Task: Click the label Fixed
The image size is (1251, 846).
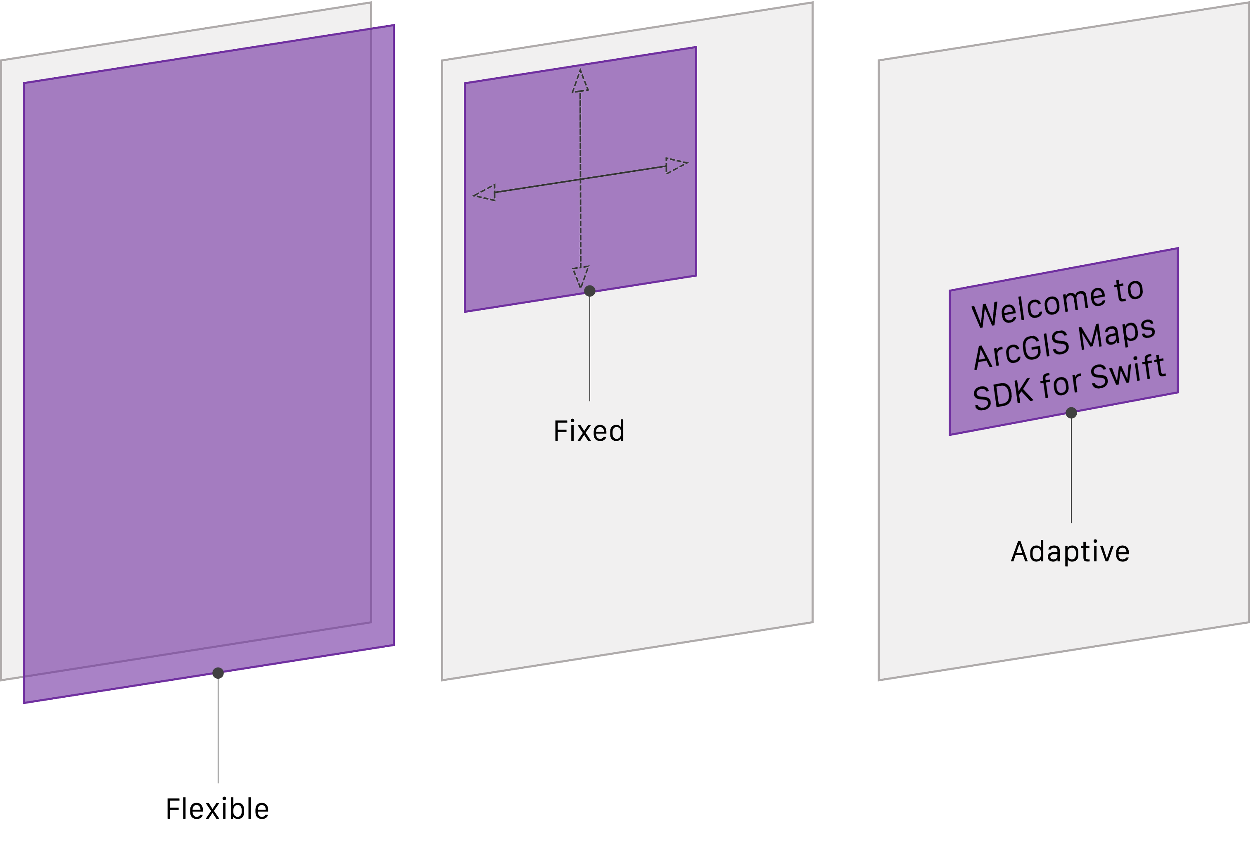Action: (x=589, y=431)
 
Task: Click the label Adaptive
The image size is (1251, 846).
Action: (x=1070, y=552)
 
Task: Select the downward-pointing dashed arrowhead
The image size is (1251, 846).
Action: (x=580, y=277)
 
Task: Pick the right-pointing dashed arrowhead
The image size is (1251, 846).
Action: (x=677, y=165)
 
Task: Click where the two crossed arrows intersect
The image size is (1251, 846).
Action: (x=580, y=179)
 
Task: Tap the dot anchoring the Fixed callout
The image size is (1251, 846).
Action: (x=590, y=291)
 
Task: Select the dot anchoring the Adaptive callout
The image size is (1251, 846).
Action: (x=1071, y=413)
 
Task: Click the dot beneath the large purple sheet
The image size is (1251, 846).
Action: (x=218, y=673)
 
